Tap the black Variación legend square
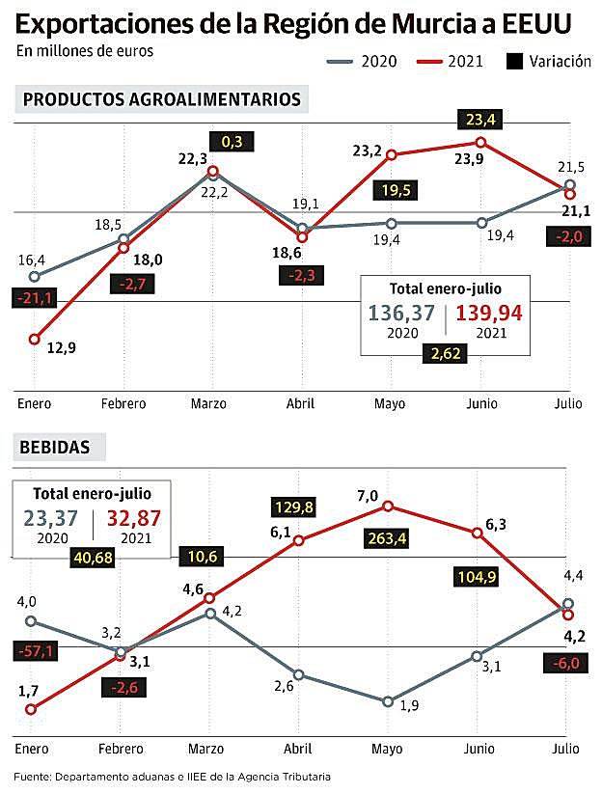click(x=515, y=62)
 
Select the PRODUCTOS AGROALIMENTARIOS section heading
click(x=161, y=99)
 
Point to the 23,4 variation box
click(x=480, y=121)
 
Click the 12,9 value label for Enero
click(x=62, y=348)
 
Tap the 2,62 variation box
click(x=446, y=353)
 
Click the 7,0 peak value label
click(x=367, y=495)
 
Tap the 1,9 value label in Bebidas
click(x=410, y=705)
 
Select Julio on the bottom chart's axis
click(x=567, y=749)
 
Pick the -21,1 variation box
click(x=35, y=299)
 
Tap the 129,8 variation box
click(x=295, y=507)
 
